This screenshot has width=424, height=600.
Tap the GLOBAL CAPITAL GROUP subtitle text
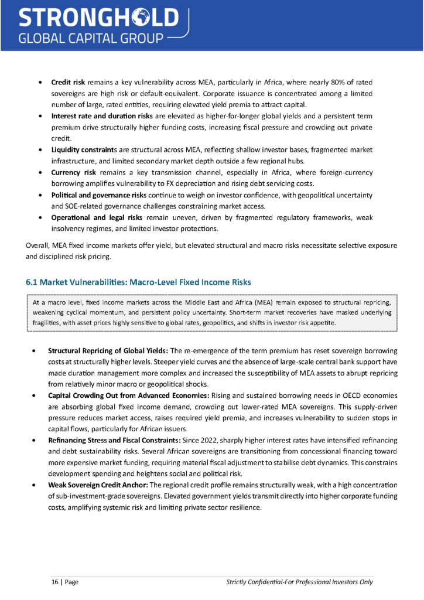tap(90, 39)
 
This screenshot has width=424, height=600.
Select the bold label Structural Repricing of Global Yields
tap(108, 350)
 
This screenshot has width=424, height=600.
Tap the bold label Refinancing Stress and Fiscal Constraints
tap(121, 440)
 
